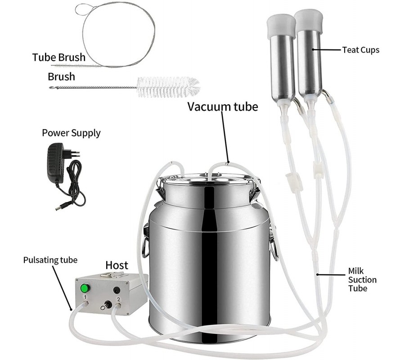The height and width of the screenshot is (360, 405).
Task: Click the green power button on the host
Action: coord(84,288)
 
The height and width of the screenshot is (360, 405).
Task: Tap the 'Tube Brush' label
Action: coord(58,57)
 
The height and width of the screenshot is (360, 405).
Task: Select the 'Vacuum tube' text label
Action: coord(223,106)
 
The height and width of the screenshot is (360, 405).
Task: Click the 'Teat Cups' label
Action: coord(361,49)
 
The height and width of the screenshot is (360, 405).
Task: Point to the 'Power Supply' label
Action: coord(71,133)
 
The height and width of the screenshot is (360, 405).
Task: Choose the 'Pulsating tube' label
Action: coord(50,260)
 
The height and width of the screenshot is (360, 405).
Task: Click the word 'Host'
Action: coord(117,265)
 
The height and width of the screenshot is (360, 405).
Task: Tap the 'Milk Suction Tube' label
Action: coord(362,280)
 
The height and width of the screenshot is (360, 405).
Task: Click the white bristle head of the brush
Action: coord(168,87)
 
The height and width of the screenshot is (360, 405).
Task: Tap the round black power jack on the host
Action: coord(117,290)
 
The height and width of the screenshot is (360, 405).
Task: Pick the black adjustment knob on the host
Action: coord(108,305)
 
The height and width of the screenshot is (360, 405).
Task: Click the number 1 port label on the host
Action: coord(85,297)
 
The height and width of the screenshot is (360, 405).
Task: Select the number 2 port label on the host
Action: coord(118,300)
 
